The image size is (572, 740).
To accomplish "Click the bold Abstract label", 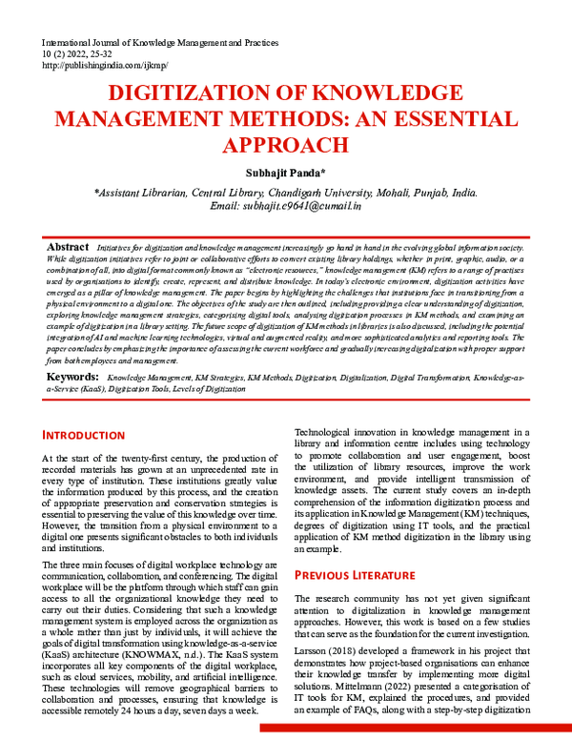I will click(x=69, y=247).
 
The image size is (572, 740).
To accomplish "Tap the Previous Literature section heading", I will click(x=356, y=575).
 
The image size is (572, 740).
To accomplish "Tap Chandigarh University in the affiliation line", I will click(x=293, y=191).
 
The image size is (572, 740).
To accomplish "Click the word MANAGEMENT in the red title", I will click(x=141, y=119).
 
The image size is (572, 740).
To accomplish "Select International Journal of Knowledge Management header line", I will click(x=158, y=44).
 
